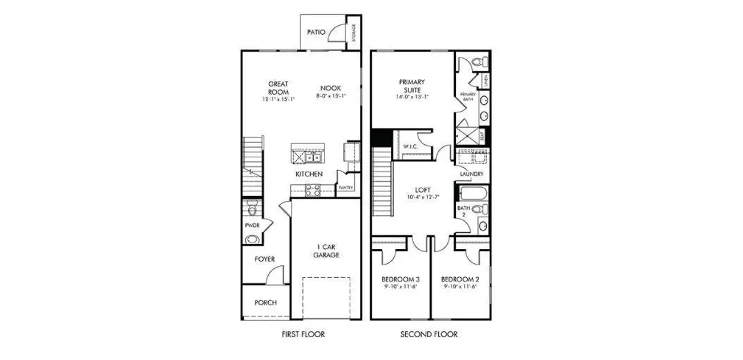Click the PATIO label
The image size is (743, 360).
316,32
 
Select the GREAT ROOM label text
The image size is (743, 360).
278,88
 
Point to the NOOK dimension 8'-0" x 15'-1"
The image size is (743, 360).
331,95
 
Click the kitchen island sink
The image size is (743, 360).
312,158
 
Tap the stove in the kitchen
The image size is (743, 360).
312,190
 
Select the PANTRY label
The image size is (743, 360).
345,188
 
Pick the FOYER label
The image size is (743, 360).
264,259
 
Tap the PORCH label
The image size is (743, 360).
266,302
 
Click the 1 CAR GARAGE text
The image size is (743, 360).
326,250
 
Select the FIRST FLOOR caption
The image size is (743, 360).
303,334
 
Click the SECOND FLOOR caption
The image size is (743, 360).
429,334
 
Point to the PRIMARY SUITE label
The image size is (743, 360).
412,86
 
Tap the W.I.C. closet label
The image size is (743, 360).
410,146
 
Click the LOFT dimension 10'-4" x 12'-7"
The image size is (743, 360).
423,197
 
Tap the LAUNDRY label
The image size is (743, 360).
472,174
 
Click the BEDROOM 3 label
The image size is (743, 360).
401,280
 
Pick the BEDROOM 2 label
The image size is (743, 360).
460,280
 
